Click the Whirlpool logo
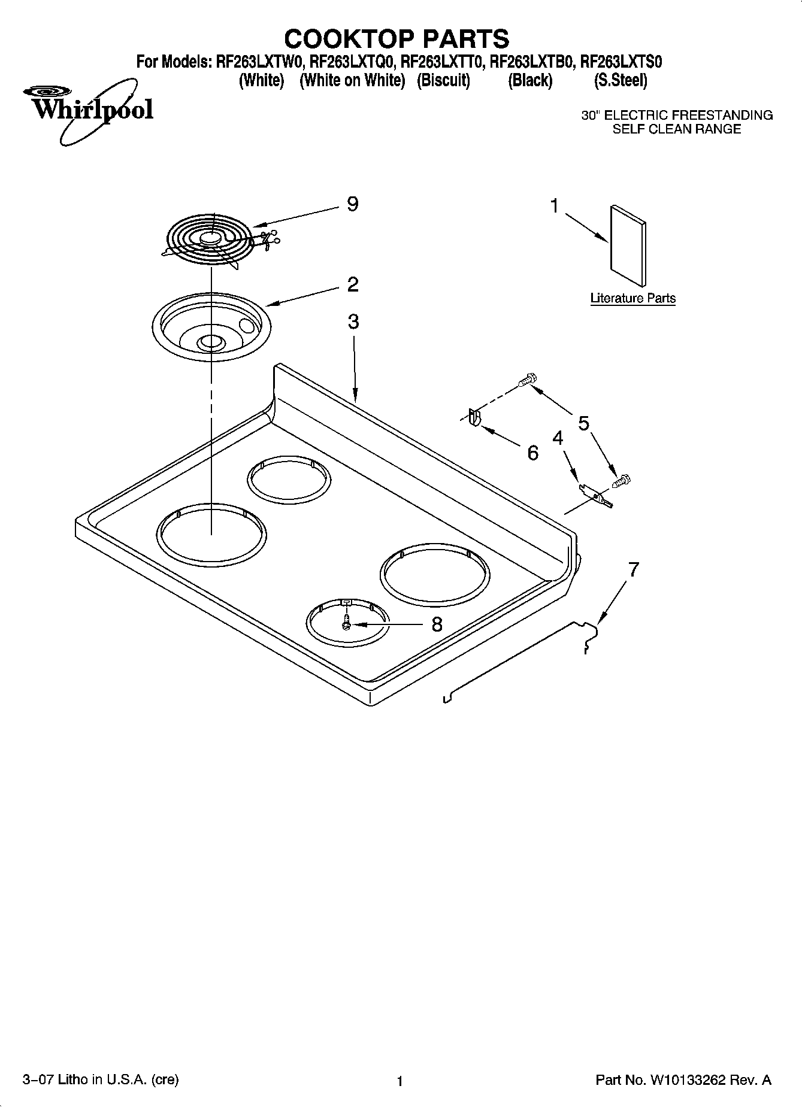tap(90, 110)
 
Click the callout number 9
tap(353, 204)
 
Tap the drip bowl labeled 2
tap(211, 327)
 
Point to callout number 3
tap(353, 322)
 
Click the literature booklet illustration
tap(628, 246)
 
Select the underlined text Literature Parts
tap(632, 298)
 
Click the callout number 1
tap(555, 206)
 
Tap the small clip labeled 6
tap(474, 417)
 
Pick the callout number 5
tap(583, 423)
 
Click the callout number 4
tap(558, 438)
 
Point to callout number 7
tap(633, 569)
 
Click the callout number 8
tap(437, 624)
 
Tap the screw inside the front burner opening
tap(346, 624)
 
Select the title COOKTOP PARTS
tap(397, 39)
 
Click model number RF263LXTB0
tap(532, 62)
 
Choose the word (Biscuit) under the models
tap(443, 80)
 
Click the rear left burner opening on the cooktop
tap(289, 480)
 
